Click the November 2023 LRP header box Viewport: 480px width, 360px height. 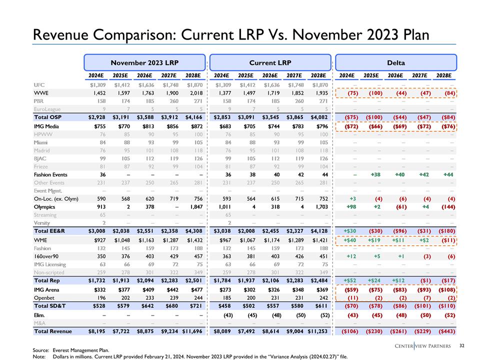click(x=144, y=62)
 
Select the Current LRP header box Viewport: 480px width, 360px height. click(x=270, y=62)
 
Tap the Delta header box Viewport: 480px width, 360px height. click(x=395, y=62)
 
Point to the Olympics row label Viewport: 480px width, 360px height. click(x=44, y=206)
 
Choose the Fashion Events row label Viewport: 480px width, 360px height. click(x=50, y=174)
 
